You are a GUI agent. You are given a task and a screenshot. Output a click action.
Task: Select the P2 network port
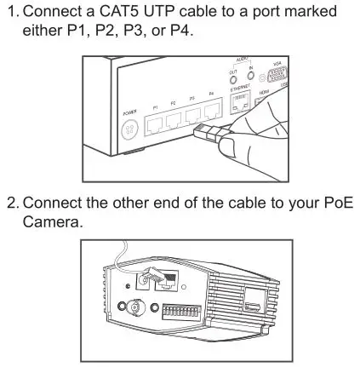(177, 120)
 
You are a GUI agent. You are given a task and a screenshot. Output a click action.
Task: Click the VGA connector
(275, 85)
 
